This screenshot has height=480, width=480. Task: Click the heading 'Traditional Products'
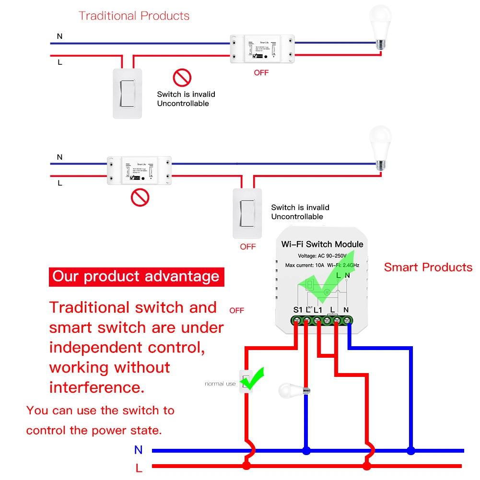[134, 16]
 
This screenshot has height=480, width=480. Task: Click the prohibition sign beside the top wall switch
[182, 77]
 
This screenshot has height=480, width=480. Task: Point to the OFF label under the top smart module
[261, 73]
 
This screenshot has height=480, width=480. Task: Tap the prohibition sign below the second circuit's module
[140, 197]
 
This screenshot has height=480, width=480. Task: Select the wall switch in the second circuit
[247, 213]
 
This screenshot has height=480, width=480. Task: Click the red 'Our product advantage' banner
[136, 276]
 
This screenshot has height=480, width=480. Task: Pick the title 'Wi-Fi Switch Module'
[322, 244]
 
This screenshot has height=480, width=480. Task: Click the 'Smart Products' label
[428, 268]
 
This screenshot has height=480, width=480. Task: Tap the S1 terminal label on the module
[298, 310]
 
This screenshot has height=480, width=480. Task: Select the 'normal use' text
[220, 384]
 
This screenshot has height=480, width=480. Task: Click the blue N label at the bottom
[139, 450]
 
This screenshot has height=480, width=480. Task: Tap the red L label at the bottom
[139, 468]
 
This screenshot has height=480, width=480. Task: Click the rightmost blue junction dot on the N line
[411, 451]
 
